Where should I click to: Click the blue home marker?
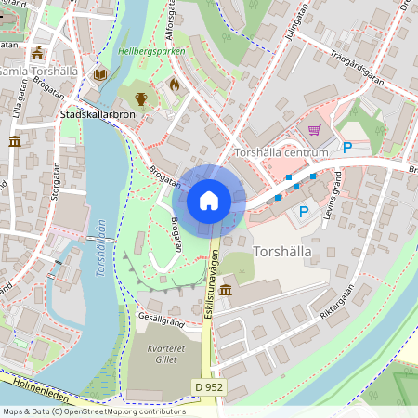[209, 201]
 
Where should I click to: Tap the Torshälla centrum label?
[282, 152]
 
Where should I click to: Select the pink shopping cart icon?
[314, 130]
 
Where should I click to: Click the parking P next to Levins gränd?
[304, 212]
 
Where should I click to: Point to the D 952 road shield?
[211, 385]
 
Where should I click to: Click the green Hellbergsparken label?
[151, 51]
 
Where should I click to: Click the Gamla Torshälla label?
[39, 72]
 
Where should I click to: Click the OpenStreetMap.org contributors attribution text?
[121, 411]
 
